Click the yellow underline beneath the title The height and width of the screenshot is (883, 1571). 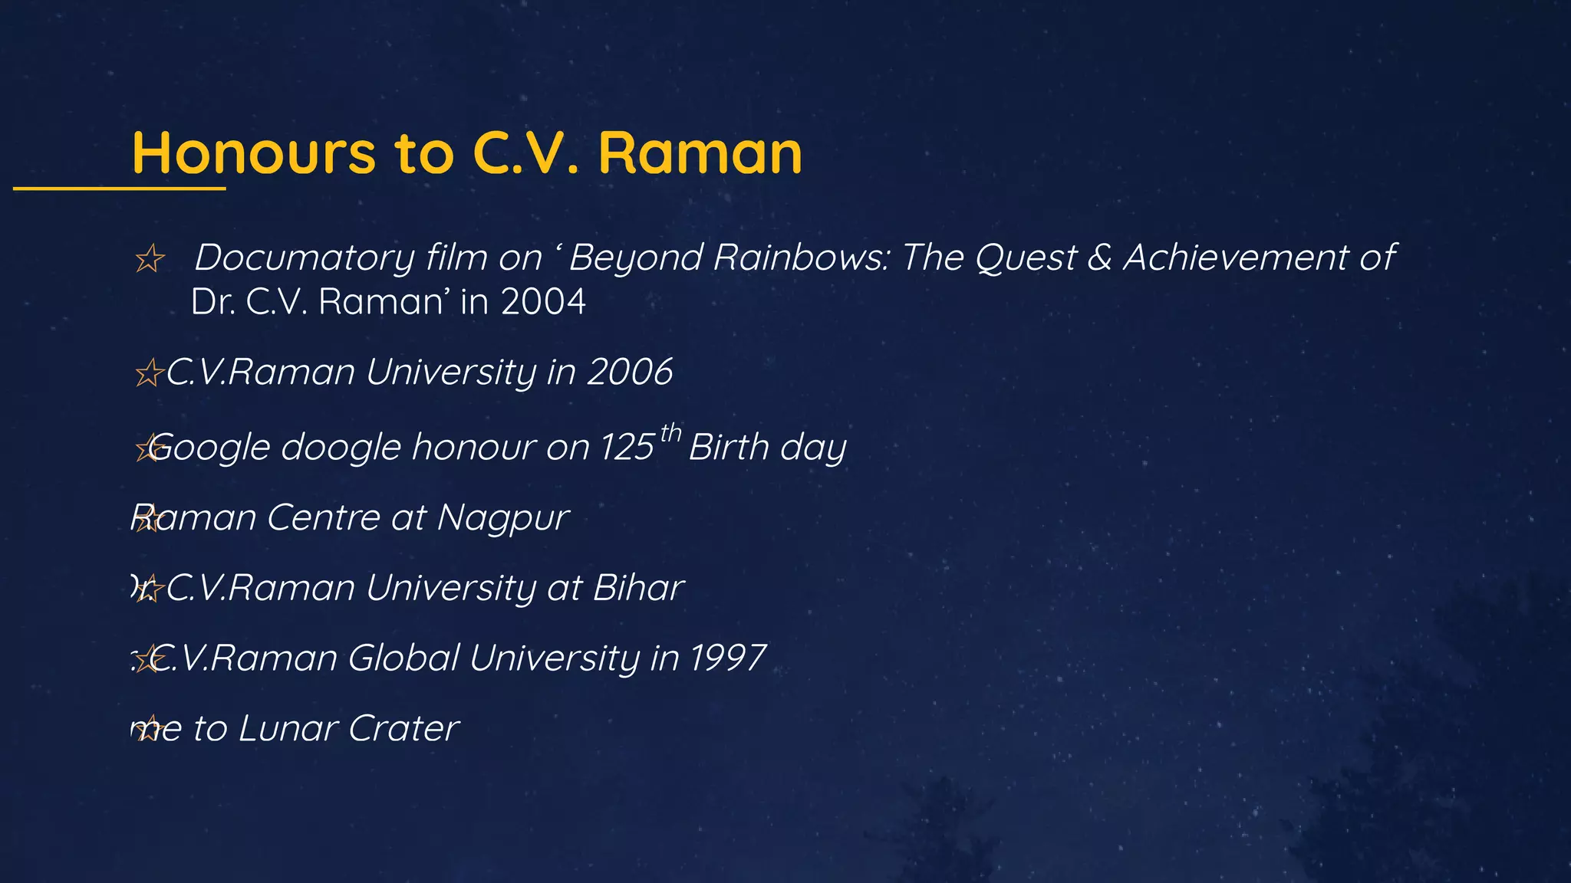[x=119, y=188]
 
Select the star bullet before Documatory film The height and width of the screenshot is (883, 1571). [x=150, y=259]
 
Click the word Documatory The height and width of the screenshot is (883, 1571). [x=304, y=258]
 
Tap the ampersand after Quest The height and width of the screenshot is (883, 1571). [x=1099, y=257]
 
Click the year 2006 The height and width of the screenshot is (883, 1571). [x=630, y=373]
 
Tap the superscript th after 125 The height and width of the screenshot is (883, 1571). [x=670, y=433]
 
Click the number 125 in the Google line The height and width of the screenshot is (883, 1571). [x=627, y=448]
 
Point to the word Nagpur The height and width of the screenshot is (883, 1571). [x=502, y=518]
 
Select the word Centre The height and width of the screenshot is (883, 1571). [x=323, y=518]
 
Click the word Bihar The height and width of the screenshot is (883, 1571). [x=638, y=589]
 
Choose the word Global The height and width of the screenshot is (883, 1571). [x=403, y=658]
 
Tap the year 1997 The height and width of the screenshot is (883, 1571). [x=727, y=658]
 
